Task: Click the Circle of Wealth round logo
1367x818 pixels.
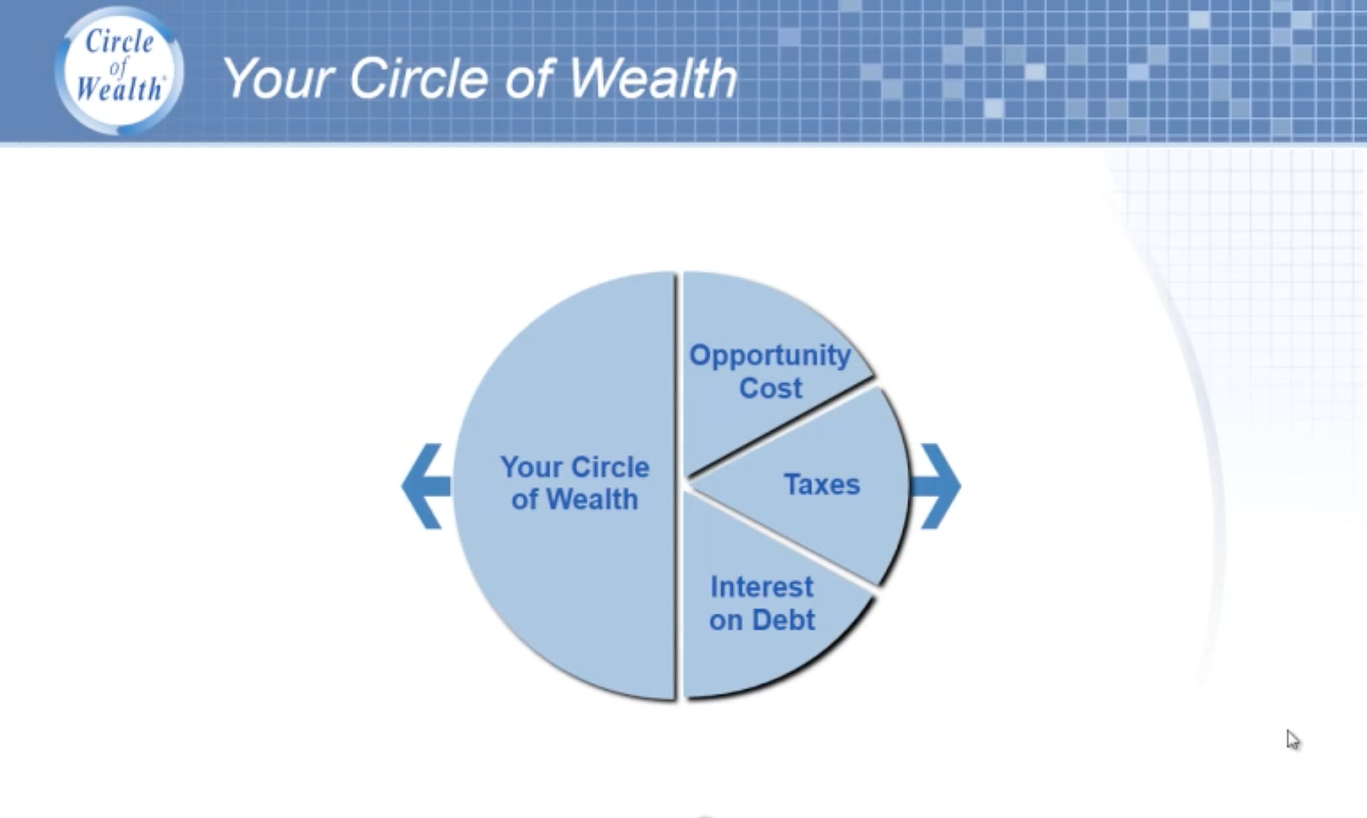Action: point(120,70)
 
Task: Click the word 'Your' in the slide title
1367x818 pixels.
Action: point(279,78)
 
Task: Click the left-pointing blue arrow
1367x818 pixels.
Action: point(426,486)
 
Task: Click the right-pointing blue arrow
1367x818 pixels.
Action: point(936,486)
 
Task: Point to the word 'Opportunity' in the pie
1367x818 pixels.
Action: point(770,356)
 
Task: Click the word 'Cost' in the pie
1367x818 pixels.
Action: point(770,388)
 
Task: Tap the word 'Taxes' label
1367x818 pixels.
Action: point(822,484)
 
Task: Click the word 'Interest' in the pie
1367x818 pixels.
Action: point(762,587)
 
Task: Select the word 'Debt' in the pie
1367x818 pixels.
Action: point(783,619)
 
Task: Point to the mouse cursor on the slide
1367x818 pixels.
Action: point(1293,740)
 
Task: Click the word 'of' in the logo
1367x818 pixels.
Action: point(118,66)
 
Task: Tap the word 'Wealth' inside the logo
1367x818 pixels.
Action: point(120,89)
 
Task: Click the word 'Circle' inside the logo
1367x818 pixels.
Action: point(120,41)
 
